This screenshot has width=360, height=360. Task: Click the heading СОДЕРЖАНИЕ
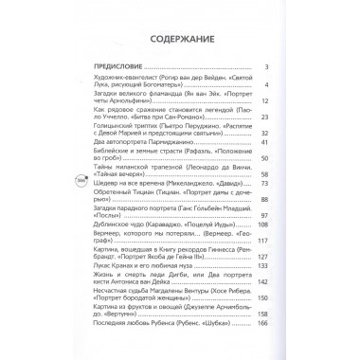click(x=180, y=41)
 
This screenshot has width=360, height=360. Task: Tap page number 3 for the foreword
click(x=267, y=66)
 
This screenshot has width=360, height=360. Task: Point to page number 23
click(x=265, y=116)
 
